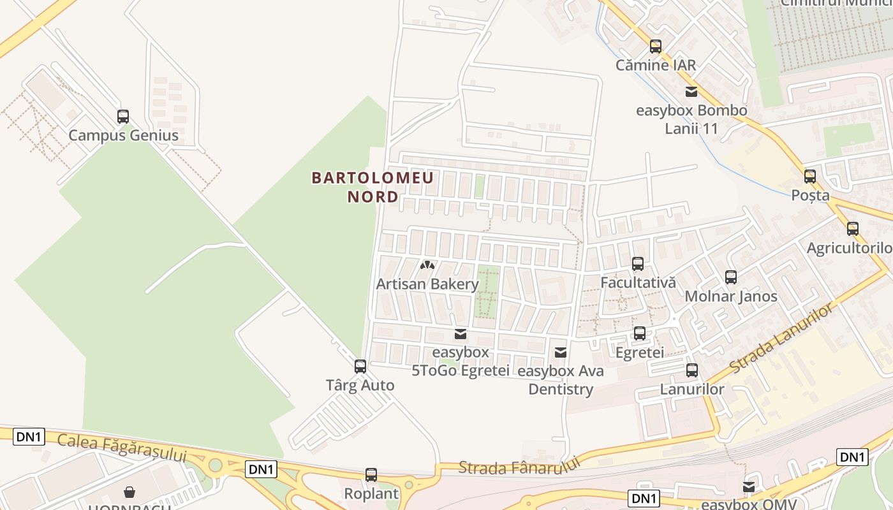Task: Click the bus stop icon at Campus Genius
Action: tap(123, 117)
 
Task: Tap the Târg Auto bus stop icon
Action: tap(360, 367)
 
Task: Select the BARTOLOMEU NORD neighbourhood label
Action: tap(373, 187)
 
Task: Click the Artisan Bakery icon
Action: tap(427, 265)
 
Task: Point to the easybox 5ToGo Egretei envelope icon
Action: tap(460, 334)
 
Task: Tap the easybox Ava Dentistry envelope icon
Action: tap(561, 352)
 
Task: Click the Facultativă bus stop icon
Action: tap(638, 263)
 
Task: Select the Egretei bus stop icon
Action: tap(640, 333)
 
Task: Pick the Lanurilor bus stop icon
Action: tap(692, 370)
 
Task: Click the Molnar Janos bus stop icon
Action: tap(731, 277)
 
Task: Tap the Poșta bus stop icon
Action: tap(810, 177)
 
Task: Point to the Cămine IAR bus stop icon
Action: tap(656, 47)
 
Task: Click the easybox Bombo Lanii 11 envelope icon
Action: tap(691, 91)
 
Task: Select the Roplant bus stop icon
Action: tap(371, 475)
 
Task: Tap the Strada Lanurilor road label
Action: tap(781, 340)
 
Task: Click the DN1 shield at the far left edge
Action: tap(29, 437)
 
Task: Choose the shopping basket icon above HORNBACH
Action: tap(129, 492)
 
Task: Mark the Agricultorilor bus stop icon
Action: tap(853, 229)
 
